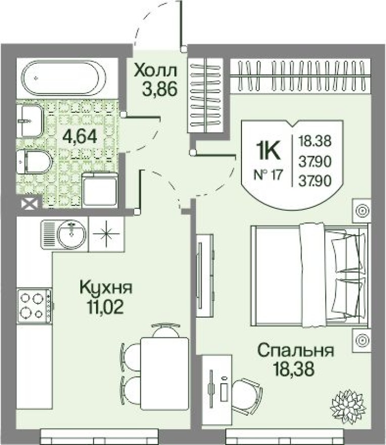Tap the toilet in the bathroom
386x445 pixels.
[34, 162]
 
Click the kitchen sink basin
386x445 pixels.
[71, 234]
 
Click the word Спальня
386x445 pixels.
[295, 350]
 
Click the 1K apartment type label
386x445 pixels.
[268, 150]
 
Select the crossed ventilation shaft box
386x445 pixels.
[30, 204]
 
